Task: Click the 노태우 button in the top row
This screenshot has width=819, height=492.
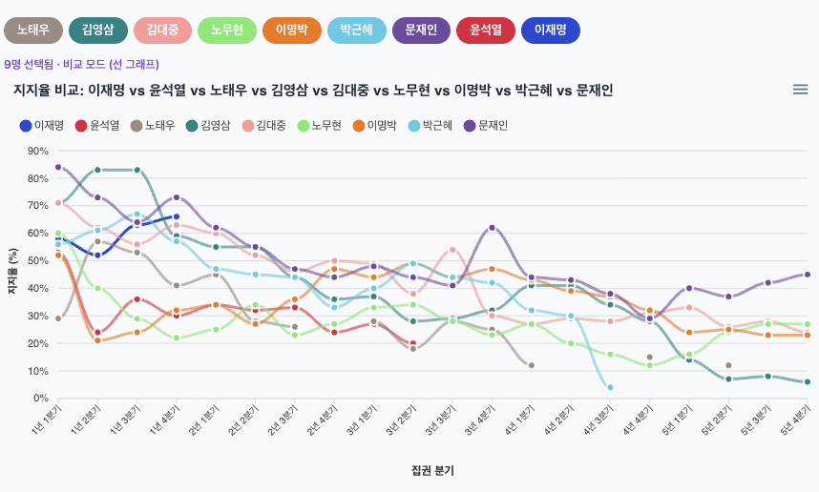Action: click(x=33, y=31)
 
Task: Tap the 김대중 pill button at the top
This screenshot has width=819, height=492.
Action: click(x=162, y=31)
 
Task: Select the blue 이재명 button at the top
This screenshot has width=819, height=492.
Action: click(x=551, y=31)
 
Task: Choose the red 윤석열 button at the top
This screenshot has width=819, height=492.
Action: click(x=486, y=31)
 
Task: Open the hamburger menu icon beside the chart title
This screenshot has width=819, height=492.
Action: click(x=800, y=90)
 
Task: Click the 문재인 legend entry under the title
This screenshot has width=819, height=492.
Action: click(x=489, y=125)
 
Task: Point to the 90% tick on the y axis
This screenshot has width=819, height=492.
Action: click(x=38, y=151)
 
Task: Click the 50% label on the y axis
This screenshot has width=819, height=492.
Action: click(x=38, y=260)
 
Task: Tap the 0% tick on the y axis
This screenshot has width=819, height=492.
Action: click(x=41, y=398)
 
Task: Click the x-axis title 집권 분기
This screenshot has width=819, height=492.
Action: click(x=432, y=470)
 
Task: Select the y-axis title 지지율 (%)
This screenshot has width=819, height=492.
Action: click(x=13, y=274)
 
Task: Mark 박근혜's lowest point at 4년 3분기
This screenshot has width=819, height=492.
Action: click(x=610, y=387)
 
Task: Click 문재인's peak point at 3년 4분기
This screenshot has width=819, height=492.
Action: click(x=492, y=228)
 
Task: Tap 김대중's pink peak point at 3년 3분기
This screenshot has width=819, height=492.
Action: click(x=452, y=250)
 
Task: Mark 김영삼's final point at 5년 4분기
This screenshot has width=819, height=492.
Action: click(x=808, y=381)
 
